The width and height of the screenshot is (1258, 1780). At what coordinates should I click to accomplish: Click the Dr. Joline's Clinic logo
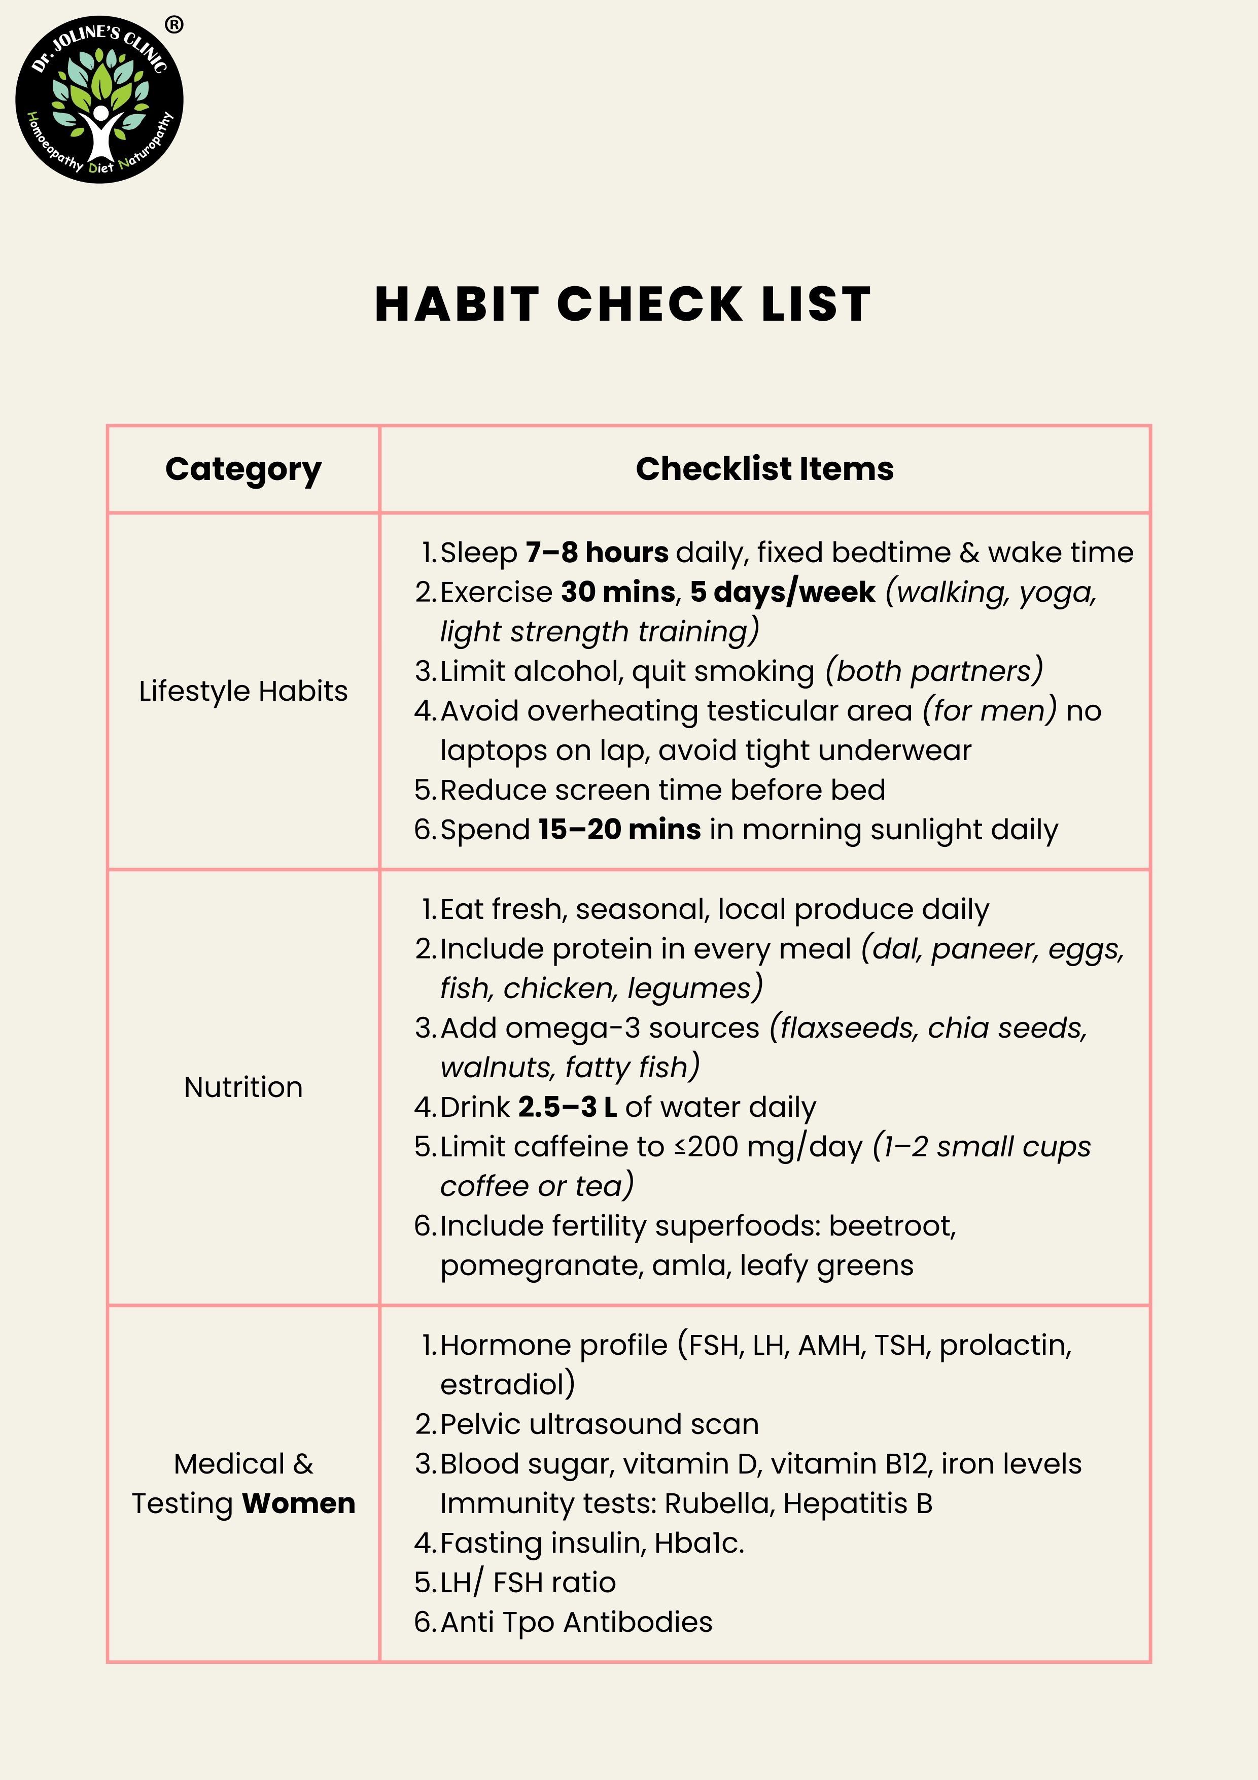(99, 100)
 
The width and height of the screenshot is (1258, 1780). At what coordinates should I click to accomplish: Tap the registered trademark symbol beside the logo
(174, 25)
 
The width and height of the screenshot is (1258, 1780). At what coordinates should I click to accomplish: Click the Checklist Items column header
(764, 469)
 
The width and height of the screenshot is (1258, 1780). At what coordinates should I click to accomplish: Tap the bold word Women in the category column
(298, 1503)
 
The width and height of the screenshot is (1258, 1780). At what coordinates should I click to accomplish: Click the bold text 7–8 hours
(597, 553)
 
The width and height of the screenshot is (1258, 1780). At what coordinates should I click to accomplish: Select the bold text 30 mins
(618, 592)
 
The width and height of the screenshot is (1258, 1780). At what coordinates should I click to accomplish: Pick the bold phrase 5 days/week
(783, 592)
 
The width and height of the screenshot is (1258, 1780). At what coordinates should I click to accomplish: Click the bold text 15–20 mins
(619, 830)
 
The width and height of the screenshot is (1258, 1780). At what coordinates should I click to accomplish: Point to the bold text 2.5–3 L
(568, 1107)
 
